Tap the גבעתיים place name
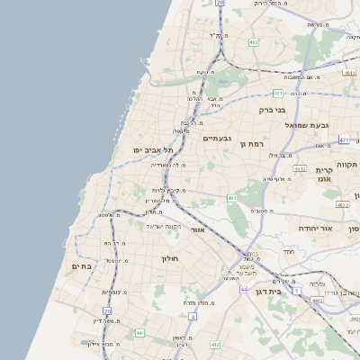pos(217,138)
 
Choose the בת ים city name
pos(81,265)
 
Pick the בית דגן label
pos(290,291)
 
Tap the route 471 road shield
pos(344,140)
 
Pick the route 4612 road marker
pos(300,168)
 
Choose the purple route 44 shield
pos(244,289)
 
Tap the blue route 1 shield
pos(297,292)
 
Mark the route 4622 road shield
pos(341,204)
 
